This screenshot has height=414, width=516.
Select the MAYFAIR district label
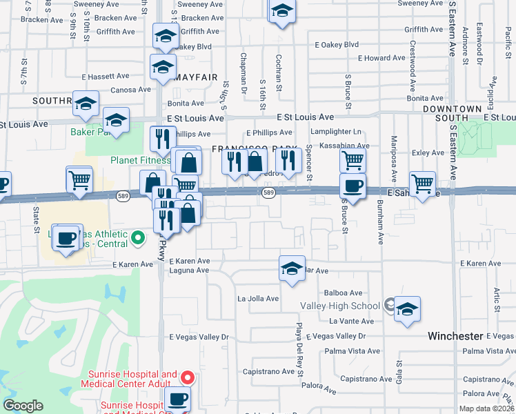(x=200, y=76)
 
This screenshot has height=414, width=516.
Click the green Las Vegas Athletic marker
(x=138, y=239)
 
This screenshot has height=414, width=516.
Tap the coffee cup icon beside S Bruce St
(x=353, y=186)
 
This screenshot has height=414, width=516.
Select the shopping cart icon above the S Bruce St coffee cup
(x=353, y=161)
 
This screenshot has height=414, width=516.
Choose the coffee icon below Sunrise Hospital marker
(x=178, y=399)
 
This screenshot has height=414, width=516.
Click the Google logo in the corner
(x=23, y=406)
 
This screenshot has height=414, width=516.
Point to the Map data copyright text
(x=486, y=408)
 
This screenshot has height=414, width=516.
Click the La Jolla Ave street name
(x=258, y=299)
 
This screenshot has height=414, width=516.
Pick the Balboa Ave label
(x=346, y=293)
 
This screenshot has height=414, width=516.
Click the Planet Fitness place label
(x=140, y=161)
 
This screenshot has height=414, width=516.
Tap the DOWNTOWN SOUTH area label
(x=452, y=115)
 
